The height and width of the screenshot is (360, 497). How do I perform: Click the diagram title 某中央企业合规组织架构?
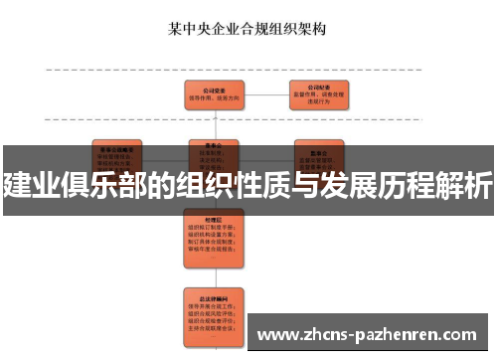pos(248,28)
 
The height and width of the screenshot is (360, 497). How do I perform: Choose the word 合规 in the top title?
pos(254,28)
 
